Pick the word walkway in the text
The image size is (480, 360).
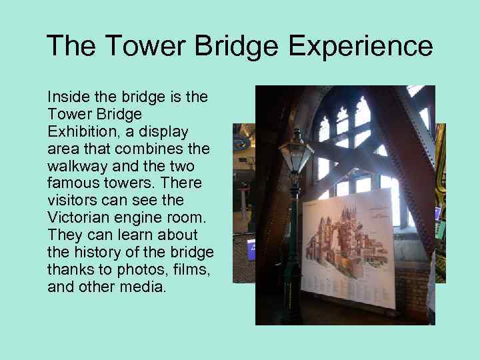(x=74, y=166)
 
